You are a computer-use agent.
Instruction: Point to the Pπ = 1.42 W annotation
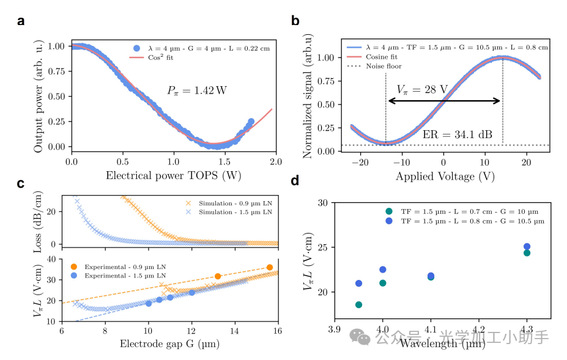(x=196, y=90)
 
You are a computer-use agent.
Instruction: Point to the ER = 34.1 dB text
(x=458, y=134)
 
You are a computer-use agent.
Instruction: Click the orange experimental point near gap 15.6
(x=270, y=267)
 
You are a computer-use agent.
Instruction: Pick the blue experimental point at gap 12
(x=192, y=292)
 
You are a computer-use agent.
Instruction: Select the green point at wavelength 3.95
(x=358, y=304)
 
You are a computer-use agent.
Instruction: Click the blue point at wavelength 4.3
(x=527, y=247)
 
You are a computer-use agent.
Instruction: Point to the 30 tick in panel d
(x=322, y=202)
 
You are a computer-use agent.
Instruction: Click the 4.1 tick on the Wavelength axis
(x=431, y=328)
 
